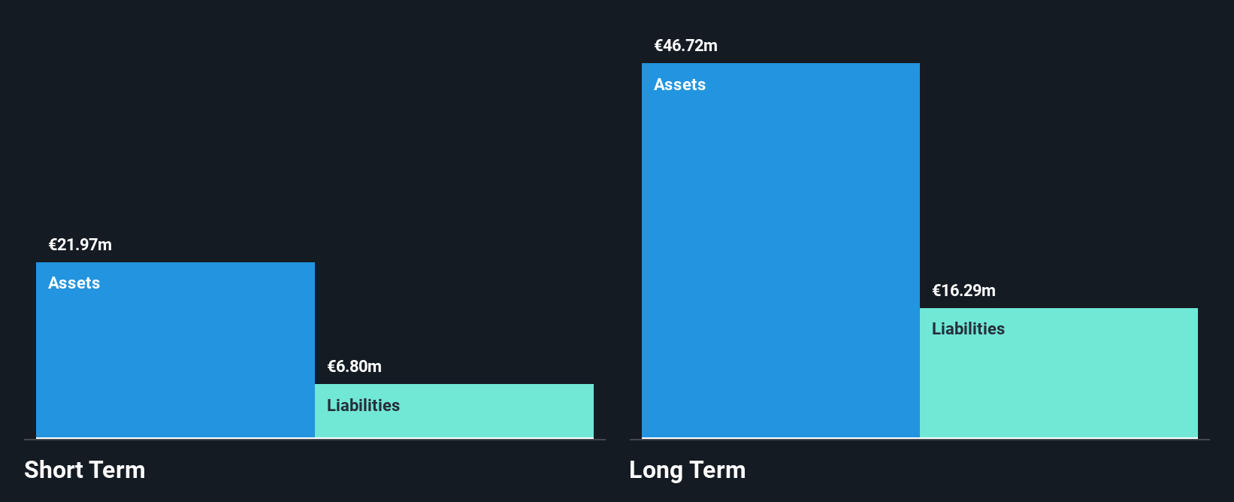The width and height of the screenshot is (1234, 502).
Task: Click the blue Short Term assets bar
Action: point(175,350)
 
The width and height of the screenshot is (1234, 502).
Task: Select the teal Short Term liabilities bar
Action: point(454,411)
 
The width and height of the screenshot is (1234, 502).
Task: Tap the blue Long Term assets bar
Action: point(781,251)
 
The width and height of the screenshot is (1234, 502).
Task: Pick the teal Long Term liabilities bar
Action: point(1059,373)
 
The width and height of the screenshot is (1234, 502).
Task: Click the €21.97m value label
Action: point(80,245)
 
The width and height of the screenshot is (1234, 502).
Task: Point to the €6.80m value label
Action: point(354,367)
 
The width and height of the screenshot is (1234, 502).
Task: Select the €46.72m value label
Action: point(686,46)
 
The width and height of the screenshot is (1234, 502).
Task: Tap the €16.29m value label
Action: point(963,290)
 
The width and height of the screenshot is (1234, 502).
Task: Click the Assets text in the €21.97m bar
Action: point(74,283)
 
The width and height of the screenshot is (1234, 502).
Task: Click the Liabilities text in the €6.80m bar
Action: point(363,406)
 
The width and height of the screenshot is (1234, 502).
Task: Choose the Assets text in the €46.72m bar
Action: point(679,85)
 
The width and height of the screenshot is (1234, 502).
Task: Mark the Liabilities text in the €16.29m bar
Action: point(968,329)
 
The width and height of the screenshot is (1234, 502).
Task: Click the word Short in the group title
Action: point(53,470)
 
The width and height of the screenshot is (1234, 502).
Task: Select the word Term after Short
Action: point(116,470)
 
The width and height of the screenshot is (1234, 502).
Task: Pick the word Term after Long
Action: point(717,470)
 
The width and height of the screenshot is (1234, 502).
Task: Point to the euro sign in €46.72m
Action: point(658,46)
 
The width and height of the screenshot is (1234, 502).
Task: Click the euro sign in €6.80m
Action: point(331,367)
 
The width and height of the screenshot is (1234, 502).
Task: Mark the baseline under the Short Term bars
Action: point(315,440)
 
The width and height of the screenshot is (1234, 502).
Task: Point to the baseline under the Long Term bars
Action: point(920,440)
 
